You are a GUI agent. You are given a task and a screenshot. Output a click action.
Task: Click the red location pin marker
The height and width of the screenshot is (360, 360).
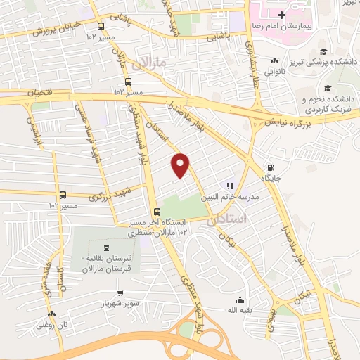[x=181, y=166]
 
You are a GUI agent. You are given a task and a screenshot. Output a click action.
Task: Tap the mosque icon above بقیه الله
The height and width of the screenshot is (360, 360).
[x=240, y=299]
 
